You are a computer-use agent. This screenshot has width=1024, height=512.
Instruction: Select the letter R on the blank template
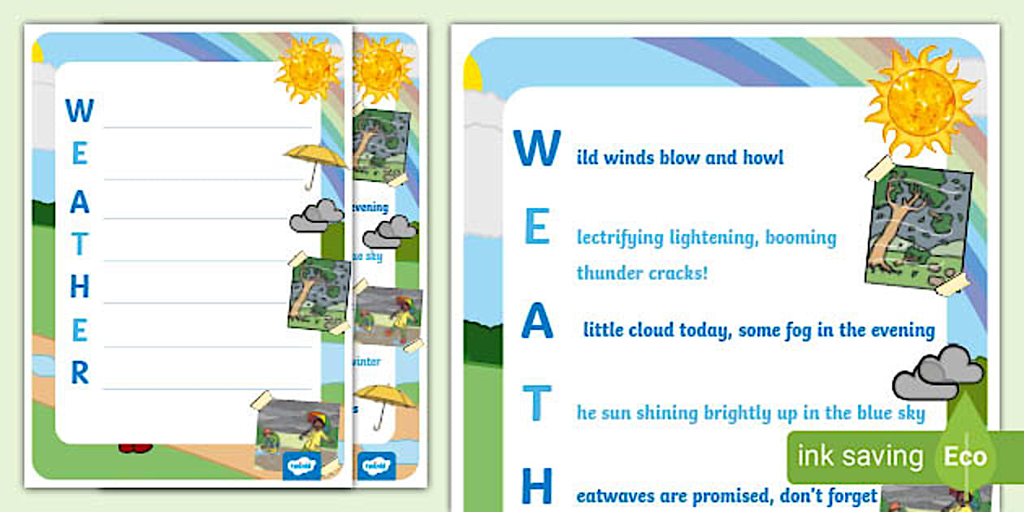click(80, 373)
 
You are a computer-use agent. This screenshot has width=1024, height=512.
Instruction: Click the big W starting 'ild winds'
click(536, 149)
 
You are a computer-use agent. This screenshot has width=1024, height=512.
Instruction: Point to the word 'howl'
click(763, 158)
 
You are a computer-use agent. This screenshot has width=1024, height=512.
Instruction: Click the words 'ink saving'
click(860, 456)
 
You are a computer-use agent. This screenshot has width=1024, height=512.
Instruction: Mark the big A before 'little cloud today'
click(537, 322)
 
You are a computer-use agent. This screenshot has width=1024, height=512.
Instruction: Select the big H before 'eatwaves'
click(536, 487)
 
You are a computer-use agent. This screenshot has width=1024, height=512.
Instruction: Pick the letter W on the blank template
click(80, 111)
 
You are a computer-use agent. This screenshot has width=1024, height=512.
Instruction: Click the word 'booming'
click(800, 238)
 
